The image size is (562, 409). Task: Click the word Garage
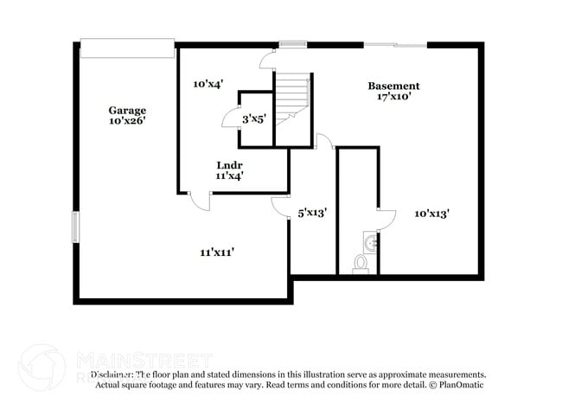pyautogui.click(x=127, y=110)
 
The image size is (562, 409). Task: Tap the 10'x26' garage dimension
pyautogui.click(x=127, y=121)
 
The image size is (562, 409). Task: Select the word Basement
pyautogui.click(x=393, y=86)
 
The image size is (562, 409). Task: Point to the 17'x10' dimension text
pyautogui.click(x=393, y=97)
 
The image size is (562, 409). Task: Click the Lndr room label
pyautogui.click(x=229, y=164)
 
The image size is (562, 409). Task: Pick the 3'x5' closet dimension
pyautogui.click(x=254, y=118)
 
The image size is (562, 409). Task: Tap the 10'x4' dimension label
pyautogui.click(x=208, y=84)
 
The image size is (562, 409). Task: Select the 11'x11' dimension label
pyautogui.click(x=218, y=252)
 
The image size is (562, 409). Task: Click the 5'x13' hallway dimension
pyautogui.click(x=311, y=212)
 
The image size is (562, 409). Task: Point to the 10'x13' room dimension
pyautogui.click(x=431, y=212)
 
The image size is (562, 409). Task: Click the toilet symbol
pyautogui.click(x=361, y=263)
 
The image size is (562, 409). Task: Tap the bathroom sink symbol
pyautogui.click(x=370, y=240)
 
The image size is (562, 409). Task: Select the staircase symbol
pyautogui.click(x=292, y=95)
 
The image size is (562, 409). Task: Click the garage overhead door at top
pyautogui.click(x=127, y=48)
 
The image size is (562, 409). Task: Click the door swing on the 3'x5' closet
pyautogui.click(x=231, y=118)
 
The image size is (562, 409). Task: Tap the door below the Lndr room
pyautogui.click(x=200, y=200)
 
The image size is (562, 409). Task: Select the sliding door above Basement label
pyautogui.click(x=394, y=44)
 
